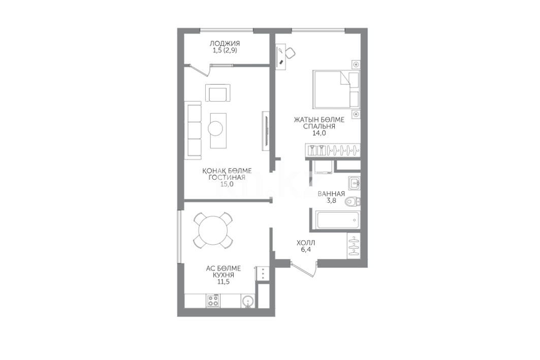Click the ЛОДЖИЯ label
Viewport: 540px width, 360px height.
[x=225, y=43]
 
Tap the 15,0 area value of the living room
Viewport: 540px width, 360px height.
[x=227, y=184]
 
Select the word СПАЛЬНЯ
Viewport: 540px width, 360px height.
[x=319, y=126]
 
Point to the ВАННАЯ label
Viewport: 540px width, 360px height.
[x=331, y=194]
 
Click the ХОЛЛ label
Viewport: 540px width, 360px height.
[x=306, y=243]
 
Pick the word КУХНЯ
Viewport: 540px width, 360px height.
[x=223, y=275]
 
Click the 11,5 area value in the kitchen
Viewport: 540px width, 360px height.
[x=223, y=282]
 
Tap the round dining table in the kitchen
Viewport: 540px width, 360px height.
[x=213, y=230]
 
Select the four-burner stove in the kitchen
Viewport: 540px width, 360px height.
[x=214, y=301]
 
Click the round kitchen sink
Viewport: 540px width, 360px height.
[x=248, y=302]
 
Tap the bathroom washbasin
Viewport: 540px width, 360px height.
[x=354, y=183]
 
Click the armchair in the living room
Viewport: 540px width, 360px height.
[x=217, y=93]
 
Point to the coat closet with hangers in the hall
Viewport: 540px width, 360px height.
[x=354, y=245]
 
